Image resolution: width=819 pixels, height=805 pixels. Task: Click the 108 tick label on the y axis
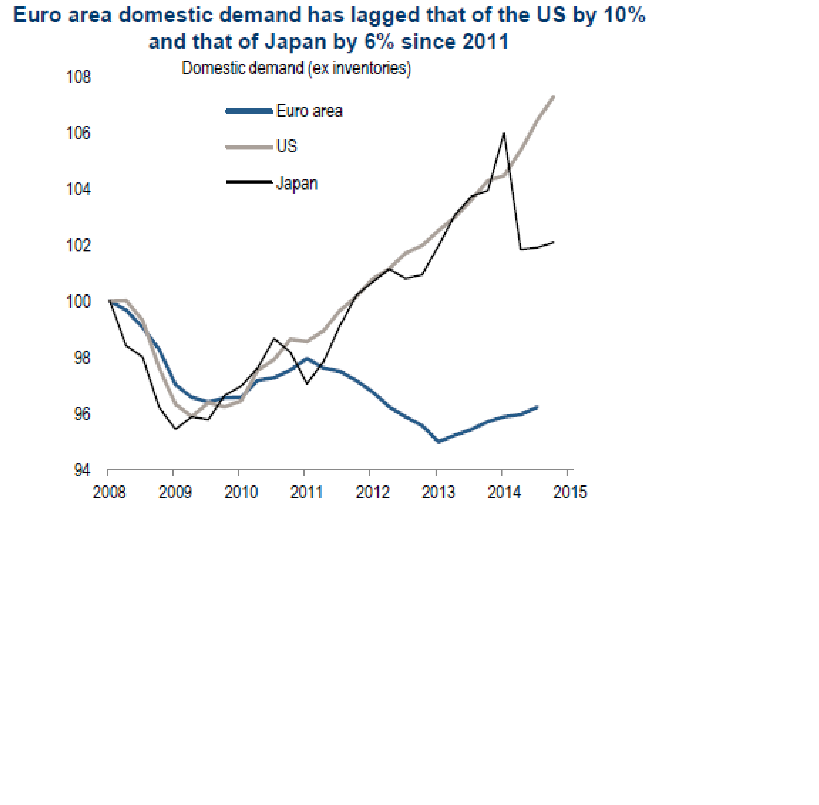[79, 77]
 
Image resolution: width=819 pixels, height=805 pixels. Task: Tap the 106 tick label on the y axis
[79, 133]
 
